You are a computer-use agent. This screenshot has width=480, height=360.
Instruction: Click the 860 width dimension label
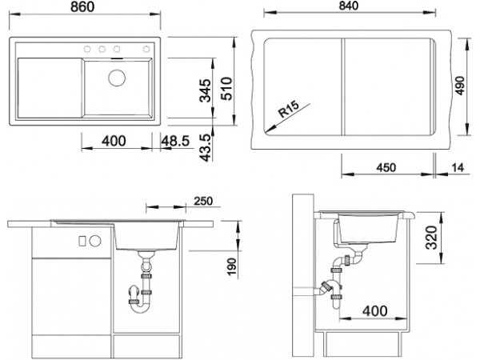point(82,6)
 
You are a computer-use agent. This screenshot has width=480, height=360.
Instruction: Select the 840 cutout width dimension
point(348,6)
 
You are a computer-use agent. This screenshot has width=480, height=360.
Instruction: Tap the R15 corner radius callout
point(288,110)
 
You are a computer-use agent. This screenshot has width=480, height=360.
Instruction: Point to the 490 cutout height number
point(460,86)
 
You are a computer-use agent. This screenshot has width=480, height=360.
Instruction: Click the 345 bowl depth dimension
point(205,90)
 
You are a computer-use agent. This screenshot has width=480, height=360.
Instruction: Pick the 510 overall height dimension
point(227,89)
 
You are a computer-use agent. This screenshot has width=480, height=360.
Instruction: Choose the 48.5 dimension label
point(175,141)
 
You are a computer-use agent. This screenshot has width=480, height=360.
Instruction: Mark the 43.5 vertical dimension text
point(206,148)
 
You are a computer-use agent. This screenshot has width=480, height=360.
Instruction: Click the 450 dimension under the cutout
point(386,168)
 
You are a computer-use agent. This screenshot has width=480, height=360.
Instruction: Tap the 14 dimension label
point(458,168)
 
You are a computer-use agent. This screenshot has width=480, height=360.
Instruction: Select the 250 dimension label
point(203,201)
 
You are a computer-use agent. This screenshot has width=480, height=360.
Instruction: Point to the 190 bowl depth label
point(232,267)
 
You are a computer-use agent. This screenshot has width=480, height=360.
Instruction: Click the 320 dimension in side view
point(432,238)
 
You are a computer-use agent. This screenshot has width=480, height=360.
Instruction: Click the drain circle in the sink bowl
point(117,78)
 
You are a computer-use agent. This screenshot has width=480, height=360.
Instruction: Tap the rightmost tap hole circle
point(146,49)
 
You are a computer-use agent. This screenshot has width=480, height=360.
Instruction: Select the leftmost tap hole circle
point(87,49)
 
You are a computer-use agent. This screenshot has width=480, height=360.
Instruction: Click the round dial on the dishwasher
point(95,241)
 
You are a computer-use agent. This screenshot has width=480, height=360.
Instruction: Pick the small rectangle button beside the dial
point(82,241)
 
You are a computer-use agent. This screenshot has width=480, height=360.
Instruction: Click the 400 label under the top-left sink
point(114,141)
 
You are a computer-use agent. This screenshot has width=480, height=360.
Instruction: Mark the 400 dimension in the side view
point(374,311)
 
